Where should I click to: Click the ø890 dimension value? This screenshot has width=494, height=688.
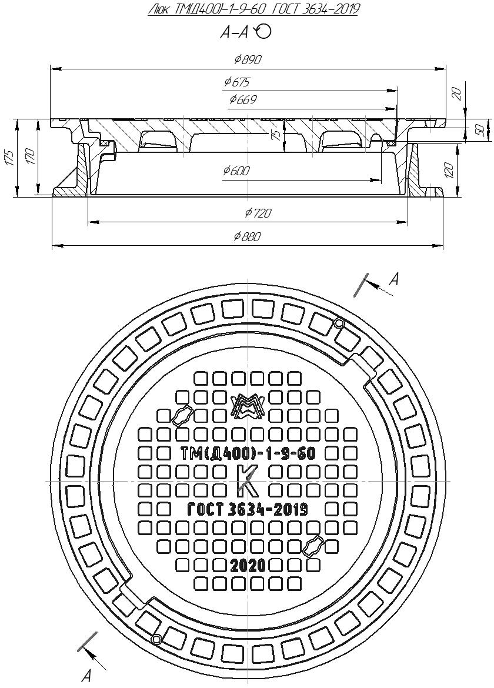[x=247, y=60]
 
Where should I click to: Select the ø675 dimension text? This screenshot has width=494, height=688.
[x=237, y=82]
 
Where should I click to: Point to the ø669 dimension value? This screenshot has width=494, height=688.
[x=242, y=100]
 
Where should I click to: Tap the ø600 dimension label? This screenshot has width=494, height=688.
[x=236, y=171]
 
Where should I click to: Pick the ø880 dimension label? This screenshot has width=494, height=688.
[x=247, y=236]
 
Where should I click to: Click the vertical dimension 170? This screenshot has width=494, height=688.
[x=31, y=157]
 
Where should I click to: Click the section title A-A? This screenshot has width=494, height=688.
[x=234, y=34]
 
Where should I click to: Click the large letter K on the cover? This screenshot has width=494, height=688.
[x=248, y=481]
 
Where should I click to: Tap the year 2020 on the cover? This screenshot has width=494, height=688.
[x=247, y=566]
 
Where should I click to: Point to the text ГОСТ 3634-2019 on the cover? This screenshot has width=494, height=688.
[x=247, y=509]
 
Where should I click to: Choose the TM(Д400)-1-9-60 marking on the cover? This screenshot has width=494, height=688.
[x=247, y=453]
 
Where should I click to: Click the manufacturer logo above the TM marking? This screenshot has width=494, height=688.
[x=247, y=406]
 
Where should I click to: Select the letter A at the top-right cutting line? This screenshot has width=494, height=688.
[x=395, y=280]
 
